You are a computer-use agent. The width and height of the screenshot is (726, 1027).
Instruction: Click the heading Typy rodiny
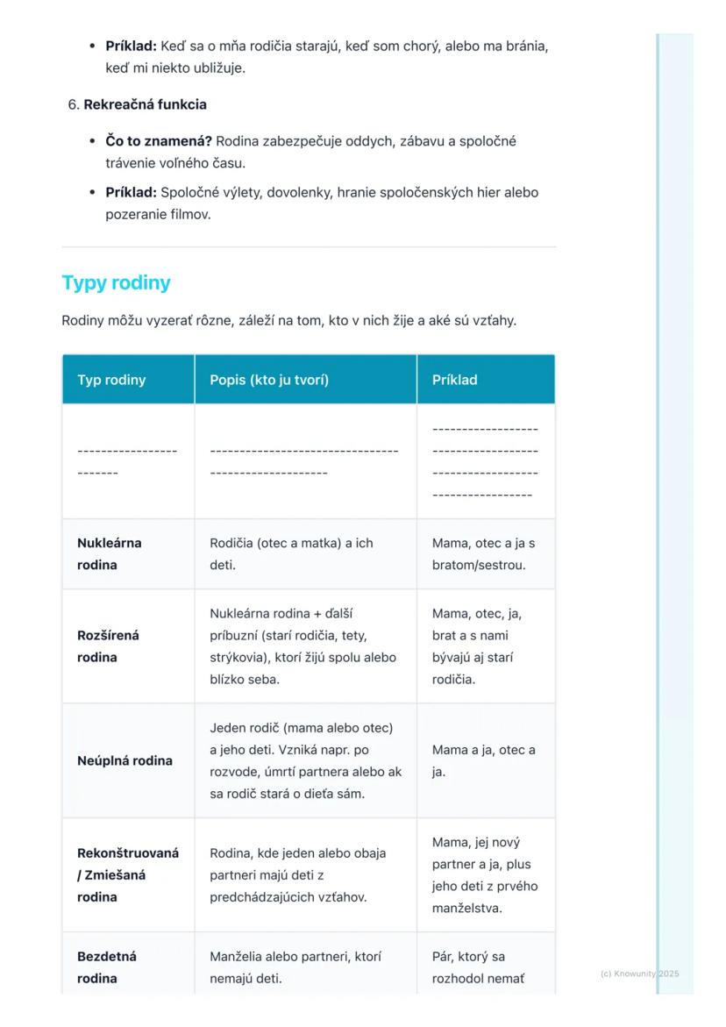click(116, 283)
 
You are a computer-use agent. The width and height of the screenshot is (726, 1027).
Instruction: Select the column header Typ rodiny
click(111, 380)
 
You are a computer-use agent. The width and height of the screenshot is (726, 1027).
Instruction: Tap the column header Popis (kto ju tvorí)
click(269, 380)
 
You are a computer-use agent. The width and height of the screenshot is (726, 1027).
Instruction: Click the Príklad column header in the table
click(454, 380)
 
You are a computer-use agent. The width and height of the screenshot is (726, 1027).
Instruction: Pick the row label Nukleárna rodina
click(110, 553)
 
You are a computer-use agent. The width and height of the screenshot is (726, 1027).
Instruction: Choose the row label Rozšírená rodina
click(108, 645)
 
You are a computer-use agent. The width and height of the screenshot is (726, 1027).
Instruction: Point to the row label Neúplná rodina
click(125, 760)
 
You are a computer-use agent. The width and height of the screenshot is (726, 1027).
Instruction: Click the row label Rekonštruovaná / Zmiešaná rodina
click(128, 874)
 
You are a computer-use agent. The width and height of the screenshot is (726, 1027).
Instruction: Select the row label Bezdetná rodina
click(107, 967)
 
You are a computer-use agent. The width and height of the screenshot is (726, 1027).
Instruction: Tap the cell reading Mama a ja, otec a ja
click(483, 760)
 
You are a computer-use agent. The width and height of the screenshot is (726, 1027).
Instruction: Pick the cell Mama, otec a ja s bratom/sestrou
click(483, 553)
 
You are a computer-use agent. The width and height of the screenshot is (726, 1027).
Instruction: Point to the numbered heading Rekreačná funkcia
click(145, 104)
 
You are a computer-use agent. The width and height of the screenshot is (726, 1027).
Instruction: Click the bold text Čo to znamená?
click(159, 141)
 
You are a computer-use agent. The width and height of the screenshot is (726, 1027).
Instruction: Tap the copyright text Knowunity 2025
click(640, 974)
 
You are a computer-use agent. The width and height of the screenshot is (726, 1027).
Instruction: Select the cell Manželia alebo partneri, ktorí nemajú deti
click(295, 967)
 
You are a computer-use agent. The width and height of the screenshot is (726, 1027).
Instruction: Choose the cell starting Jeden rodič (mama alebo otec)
click(305, 760)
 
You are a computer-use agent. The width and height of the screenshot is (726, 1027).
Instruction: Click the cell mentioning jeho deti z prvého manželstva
click(485, 874)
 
